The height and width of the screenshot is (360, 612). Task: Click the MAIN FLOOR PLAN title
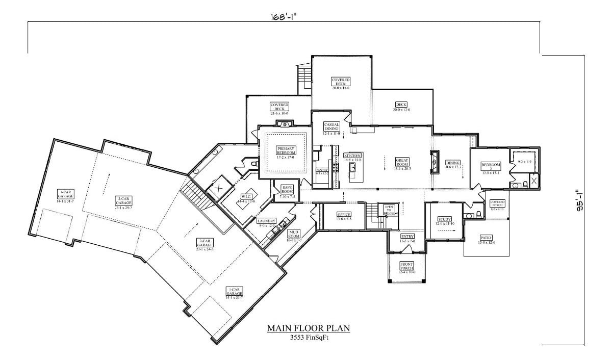tap(309, 328)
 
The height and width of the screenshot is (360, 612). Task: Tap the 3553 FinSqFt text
tap(309, 337)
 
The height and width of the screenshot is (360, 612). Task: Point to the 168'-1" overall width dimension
tap(284, 16)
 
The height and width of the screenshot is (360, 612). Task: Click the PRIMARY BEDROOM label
tap(286, 150)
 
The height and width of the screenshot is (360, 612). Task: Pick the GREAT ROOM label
tap(402, 162)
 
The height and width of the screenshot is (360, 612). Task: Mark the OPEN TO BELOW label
tap(389, 209)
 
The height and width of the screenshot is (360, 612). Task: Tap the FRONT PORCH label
tap(406, 266)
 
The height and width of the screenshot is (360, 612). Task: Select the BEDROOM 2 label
tap(491, 167)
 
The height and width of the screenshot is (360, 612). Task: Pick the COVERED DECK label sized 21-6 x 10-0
tap(279, 106)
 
